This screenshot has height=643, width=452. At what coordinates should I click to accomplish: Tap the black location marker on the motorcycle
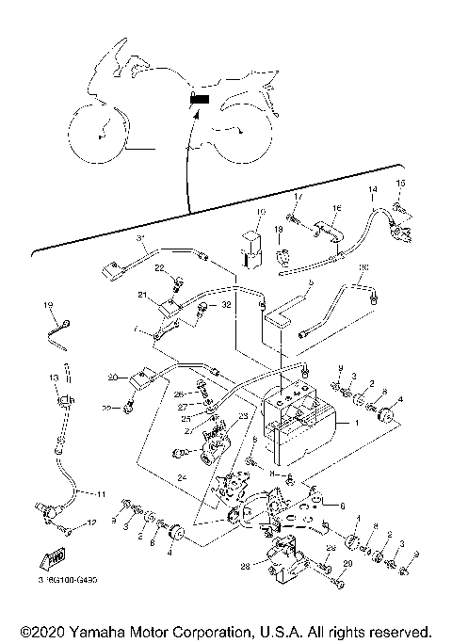(x=199, y=99)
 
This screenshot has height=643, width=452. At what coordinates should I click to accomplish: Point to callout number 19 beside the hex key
(x=47, y=305)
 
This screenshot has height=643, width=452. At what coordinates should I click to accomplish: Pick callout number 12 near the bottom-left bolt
(x=90, y=522)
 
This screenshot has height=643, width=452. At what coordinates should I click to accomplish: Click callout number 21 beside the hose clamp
(x=143, y=296)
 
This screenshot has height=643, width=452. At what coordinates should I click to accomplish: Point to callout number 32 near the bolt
(x=226, y=307)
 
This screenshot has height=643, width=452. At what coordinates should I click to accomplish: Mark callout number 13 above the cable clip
(x=54, y=377)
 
